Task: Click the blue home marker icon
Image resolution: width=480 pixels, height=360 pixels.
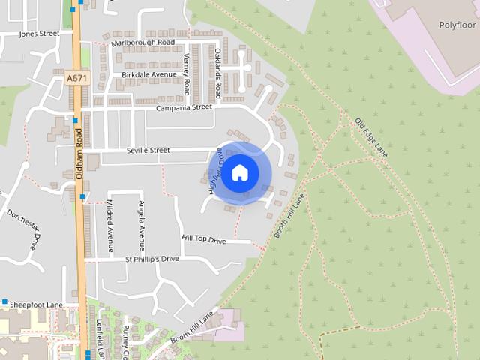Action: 240,172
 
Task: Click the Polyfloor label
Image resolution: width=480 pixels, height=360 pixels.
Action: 457,25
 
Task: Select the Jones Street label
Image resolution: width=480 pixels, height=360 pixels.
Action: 39,34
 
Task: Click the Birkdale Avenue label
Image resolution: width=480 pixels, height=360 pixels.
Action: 148,75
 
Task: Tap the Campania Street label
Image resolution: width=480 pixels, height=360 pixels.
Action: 184,108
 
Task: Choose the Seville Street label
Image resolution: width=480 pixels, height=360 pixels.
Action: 148,151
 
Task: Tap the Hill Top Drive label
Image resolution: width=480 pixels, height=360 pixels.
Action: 203,240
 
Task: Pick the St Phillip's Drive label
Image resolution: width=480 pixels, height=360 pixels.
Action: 152,259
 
